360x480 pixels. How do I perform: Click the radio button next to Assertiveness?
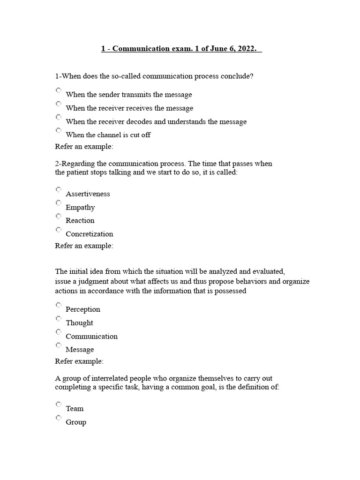point(58,189)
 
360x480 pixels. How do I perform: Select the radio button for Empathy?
point(58,203)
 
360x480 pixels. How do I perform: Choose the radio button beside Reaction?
point(58,216)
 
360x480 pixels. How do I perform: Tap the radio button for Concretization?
point(58,230)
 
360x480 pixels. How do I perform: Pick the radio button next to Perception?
point(58,305)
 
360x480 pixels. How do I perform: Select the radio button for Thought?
point(58,319)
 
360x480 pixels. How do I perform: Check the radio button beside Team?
point(58,404)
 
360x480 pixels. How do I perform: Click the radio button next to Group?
point(58,418)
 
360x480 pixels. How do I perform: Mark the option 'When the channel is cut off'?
point(58,130)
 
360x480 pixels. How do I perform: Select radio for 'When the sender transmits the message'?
point(58,90)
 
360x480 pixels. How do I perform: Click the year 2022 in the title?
point(247,49)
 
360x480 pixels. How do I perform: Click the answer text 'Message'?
point(80,350)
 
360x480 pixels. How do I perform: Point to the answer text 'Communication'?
point(91,337)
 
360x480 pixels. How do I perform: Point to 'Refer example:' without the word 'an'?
point(79,361)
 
